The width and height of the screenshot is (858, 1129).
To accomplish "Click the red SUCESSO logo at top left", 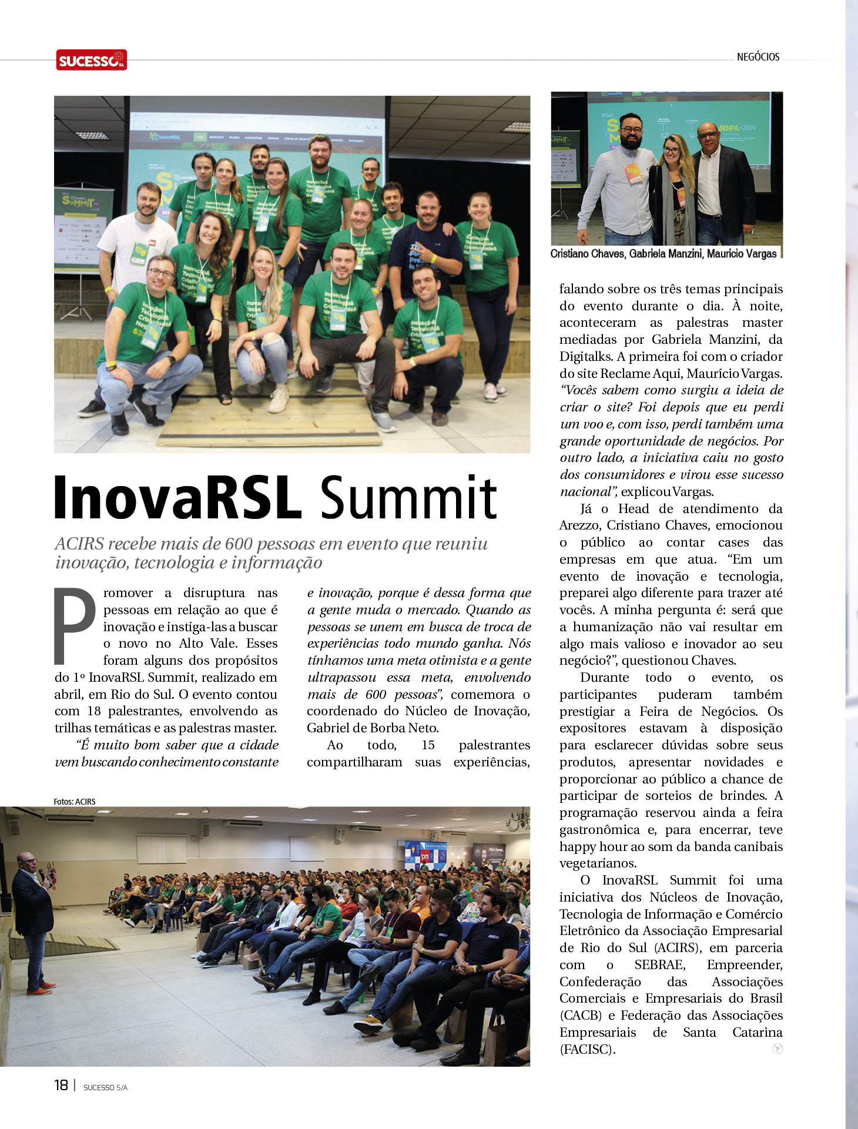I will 91,60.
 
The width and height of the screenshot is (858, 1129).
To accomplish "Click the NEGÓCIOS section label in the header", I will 758,57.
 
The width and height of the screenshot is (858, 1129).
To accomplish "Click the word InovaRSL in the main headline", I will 177,498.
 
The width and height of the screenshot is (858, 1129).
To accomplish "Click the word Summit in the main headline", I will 409,498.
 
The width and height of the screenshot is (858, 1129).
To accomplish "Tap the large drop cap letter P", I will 75,625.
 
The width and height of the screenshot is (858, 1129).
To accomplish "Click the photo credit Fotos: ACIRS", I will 74,802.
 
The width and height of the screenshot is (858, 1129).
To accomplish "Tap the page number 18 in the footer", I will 61,1085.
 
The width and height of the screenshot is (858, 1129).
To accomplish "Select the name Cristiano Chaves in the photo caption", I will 586,254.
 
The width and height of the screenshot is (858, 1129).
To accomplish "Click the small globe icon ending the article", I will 777,1048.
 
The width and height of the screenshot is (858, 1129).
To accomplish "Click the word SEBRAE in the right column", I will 659,965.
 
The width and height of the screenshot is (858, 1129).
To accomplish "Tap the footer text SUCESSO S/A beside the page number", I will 105,1087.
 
